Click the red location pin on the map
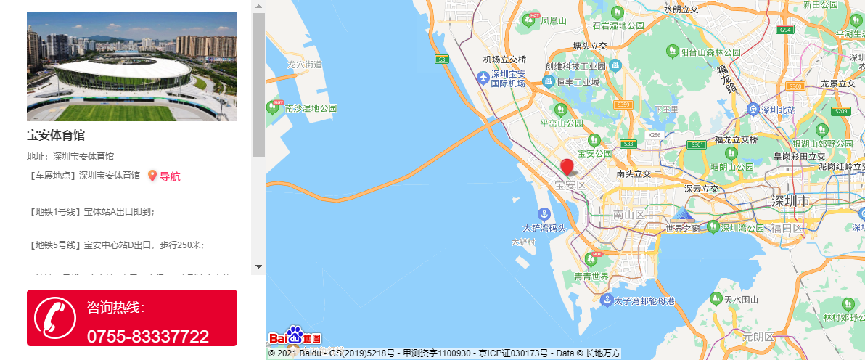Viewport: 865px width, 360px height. pyautogui.click(x=567, y=166)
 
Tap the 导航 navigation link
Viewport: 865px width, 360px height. pyautogui.click(x=169, y=176)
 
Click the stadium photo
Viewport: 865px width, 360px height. pyautogui.click(x=131, y=66)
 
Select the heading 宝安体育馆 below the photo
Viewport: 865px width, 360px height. pyautogui.click(x=56, y=135)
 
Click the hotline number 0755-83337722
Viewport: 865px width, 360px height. pyautogui.click(x=147, y=336)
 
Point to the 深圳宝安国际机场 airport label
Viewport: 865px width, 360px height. pyautogui.click(x=508, y=78)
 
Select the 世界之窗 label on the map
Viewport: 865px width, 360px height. pyautogui.click(x=683, y=229)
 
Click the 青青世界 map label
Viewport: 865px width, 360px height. pyautogui.click(x=591, y=277)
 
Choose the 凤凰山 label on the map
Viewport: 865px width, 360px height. pyautogui.click(x=554, y=21)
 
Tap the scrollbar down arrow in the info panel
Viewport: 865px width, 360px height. pyautogui.click(x=258, y=266)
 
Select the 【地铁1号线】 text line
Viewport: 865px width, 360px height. pyautogui.click(x=92, y=212)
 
